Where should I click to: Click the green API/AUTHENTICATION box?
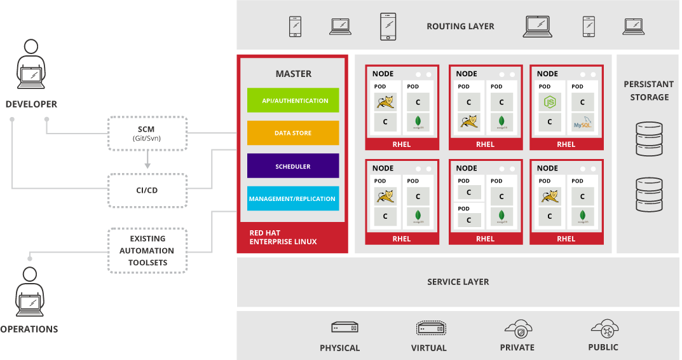click(293, 100)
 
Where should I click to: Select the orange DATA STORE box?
click(293, 133)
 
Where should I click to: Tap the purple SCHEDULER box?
click(293, 166)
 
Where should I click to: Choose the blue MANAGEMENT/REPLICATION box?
click(293, 198)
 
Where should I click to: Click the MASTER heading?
click(293, 74)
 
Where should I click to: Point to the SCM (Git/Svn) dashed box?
click(147, 134)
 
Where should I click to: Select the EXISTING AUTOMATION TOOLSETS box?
click(147, 251)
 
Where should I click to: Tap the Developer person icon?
click(31, 67)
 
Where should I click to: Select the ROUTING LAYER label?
click(460, 27)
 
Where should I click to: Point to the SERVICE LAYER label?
click(458, 282)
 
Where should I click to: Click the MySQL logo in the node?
click(582, 122)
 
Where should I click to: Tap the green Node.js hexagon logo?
click(549, 102)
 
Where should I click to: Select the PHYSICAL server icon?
click(344, 328)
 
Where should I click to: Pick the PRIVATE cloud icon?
click(517, 328)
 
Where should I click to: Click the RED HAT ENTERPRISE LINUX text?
click(283, 237)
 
